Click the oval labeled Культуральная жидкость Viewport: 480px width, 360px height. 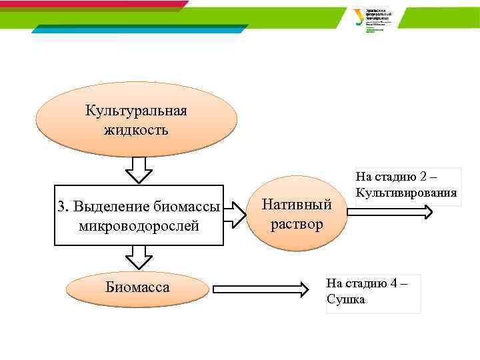[x=136, y=119]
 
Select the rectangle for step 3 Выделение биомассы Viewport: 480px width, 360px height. [x=139, y=215]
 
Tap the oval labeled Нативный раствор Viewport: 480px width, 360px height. [x=297, y=214]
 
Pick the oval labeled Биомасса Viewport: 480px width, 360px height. [x=137, y=289]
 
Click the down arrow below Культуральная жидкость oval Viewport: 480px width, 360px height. [x=139, y=170]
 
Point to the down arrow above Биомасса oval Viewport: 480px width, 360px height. [x=139, y=257]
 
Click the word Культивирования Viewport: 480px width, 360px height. [x=406, y=193]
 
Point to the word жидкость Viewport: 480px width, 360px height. [x=136, y=129]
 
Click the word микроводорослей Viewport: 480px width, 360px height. [x=139, y=227]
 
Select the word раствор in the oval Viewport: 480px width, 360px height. [x=297, y=224]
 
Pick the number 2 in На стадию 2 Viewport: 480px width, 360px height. [x=424, y=177]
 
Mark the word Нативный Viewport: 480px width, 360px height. [x=297, y=204]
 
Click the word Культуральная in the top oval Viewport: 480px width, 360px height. [x=136, y=110]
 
